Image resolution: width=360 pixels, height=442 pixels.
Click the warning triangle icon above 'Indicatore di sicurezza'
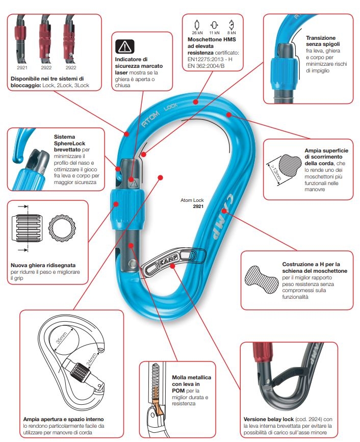pos(124,46)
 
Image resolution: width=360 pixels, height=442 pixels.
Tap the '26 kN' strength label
pos(197,33)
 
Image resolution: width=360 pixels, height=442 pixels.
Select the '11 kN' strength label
pos(214,33)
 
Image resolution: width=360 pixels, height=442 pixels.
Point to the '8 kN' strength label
pos(232,33)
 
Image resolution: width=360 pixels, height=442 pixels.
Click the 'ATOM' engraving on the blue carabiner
pos(150,119)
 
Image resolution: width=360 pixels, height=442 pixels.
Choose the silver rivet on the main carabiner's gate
pos(132,264)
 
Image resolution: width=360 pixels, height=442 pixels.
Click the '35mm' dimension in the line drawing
pos(62,337)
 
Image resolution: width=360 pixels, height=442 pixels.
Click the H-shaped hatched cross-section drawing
pos(261,280)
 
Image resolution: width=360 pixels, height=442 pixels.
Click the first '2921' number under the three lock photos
pos(22,68)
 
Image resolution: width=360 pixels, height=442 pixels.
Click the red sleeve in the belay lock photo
pos(264,352)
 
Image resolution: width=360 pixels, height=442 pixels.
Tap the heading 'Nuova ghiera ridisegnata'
pos(43,265)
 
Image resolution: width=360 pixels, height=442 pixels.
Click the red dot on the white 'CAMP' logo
pos(224,211)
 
